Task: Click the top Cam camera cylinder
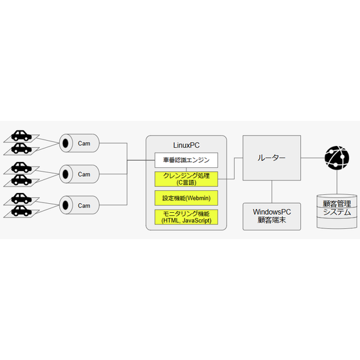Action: [79, 143]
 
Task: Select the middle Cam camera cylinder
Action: [79, 174]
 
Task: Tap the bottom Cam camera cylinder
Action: [79, 205]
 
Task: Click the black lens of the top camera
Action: [66, 143]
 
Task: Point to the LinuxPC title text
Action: [186, 145]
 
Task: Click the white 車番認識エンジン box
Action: [186, 160]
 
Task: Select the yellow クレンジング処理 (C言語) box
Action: [186, 179]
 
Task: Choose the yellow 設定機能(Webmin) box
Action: [186, 198]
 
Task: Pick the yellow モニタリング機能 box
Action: [186, 217]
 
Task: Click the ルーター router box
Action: [271, 157]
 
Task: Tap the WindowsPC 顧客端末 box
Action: [271, 216]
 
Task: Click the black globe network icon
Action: [337, 157]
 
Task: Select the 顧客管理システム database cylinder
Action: [337, 212]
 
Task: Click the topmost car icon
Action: [21, 136]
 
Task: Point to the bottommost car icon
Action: [21, 211]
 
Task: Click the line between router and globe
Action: [312, 157]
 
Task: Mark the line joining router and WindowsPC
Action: [272, 192]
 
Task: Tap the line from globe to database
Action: [337, 182]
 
